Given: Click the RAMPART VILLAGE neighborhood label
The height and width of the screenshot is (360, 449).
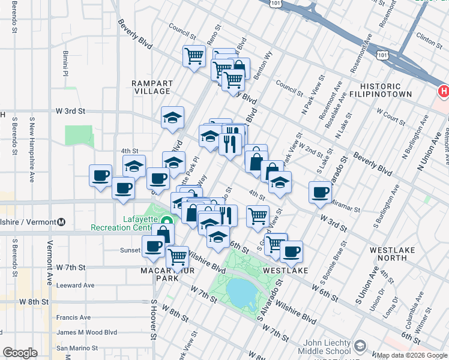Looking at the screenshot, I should tap(152, 87).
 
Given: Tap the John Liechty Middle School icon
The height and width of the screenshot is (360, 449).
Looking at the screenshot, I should tap(360, 346).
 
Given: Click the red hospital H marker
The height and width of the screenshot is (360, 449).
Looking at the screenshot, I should tap(444, 92).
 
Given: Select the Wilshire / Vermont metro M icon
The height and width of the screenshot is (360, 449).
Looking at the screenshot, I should tap(61, 222).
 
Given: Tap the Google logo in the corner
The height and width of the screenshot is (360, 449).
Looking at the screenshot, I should tap(20, 353).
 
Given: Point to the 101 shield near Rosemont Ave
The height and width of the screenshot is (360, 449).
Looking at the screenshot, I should tap(381, 55).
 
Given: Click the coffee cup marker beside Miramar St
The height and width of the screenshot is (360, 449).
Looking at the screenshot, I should tap(321, 192).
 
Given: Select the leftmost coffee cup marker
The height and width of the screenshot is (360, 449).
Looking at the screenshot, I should tap(100, 176).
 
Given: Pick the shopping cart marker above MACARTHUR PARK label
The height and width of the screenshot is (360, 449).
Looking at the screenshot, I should tap(177, 256).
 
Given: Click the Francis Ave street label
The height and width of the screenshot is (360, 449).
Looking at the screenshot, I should tap(74, 317).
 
